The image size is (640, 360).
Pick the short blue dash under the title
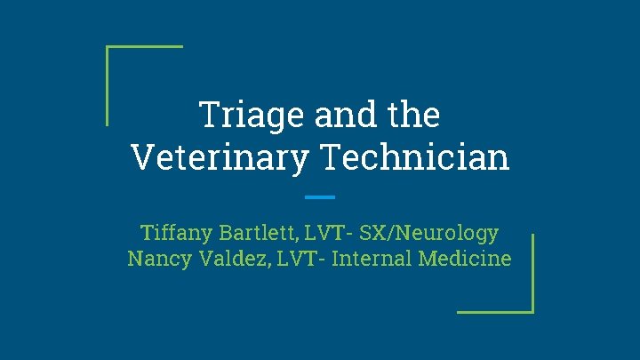point(319,196)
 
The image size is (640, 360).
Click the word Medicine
point(463,259)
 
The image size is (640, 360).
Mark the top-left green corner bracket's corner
point(108,46)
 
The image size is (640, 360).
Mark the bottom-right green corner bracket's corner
point(532,311)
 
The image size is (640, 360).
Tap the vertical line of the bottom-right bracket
point(532,271)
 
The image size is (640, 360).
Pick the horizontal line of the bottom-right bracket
point(493,311)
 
